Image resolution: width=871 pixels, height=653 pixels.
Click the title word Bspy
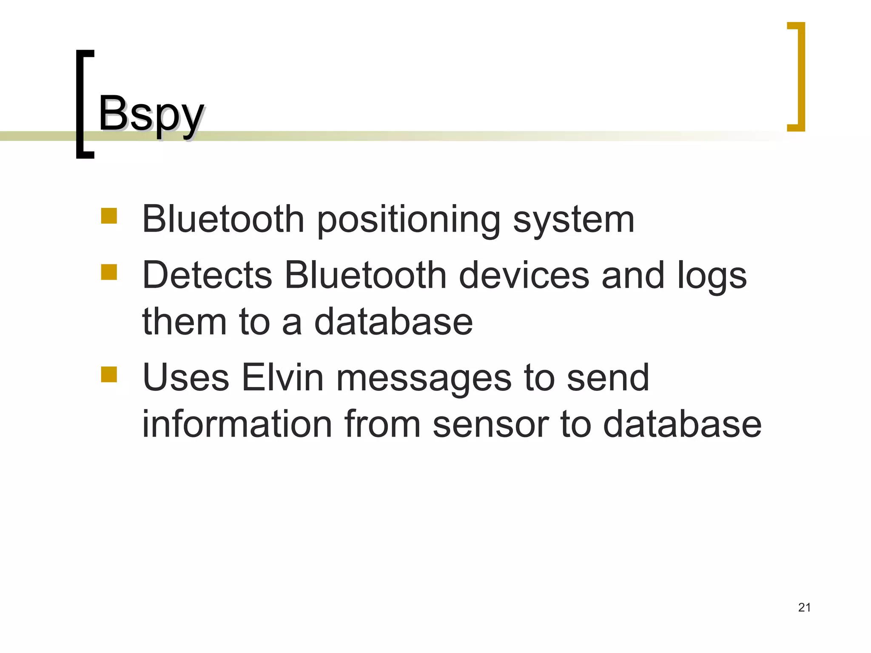pyautogui.click(x=151, y=114)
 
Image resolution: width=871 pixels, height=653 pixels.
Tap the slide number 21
pyautogui.click(x=804, y=608)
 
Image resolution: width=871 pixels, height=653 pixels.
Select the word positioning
pyautogui.click(x=409, y=220)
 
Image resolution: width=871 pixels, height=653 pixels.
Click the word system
pyautogui.click(x=574, y=220)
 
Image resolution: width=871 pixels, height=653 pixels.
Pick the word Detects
pyautogui.click(x=207, y=275)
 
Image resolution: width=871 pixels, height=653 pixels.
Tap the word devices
pyautogui.click(x=524, y=275)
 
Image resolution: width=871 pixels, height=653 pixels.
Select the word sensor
pyautogui.click(x=491, y=425)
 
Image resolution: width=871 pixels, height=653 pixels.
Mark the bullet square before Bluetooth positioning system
pyautogui.click(x=109, y=216)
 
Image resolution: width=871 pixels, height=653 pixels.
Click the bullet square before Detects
pyautogui.click(x=109, y=272)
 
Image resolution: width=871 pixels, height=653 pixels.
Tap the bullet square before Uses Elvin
pyautogui.click(x=109, y=375)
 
